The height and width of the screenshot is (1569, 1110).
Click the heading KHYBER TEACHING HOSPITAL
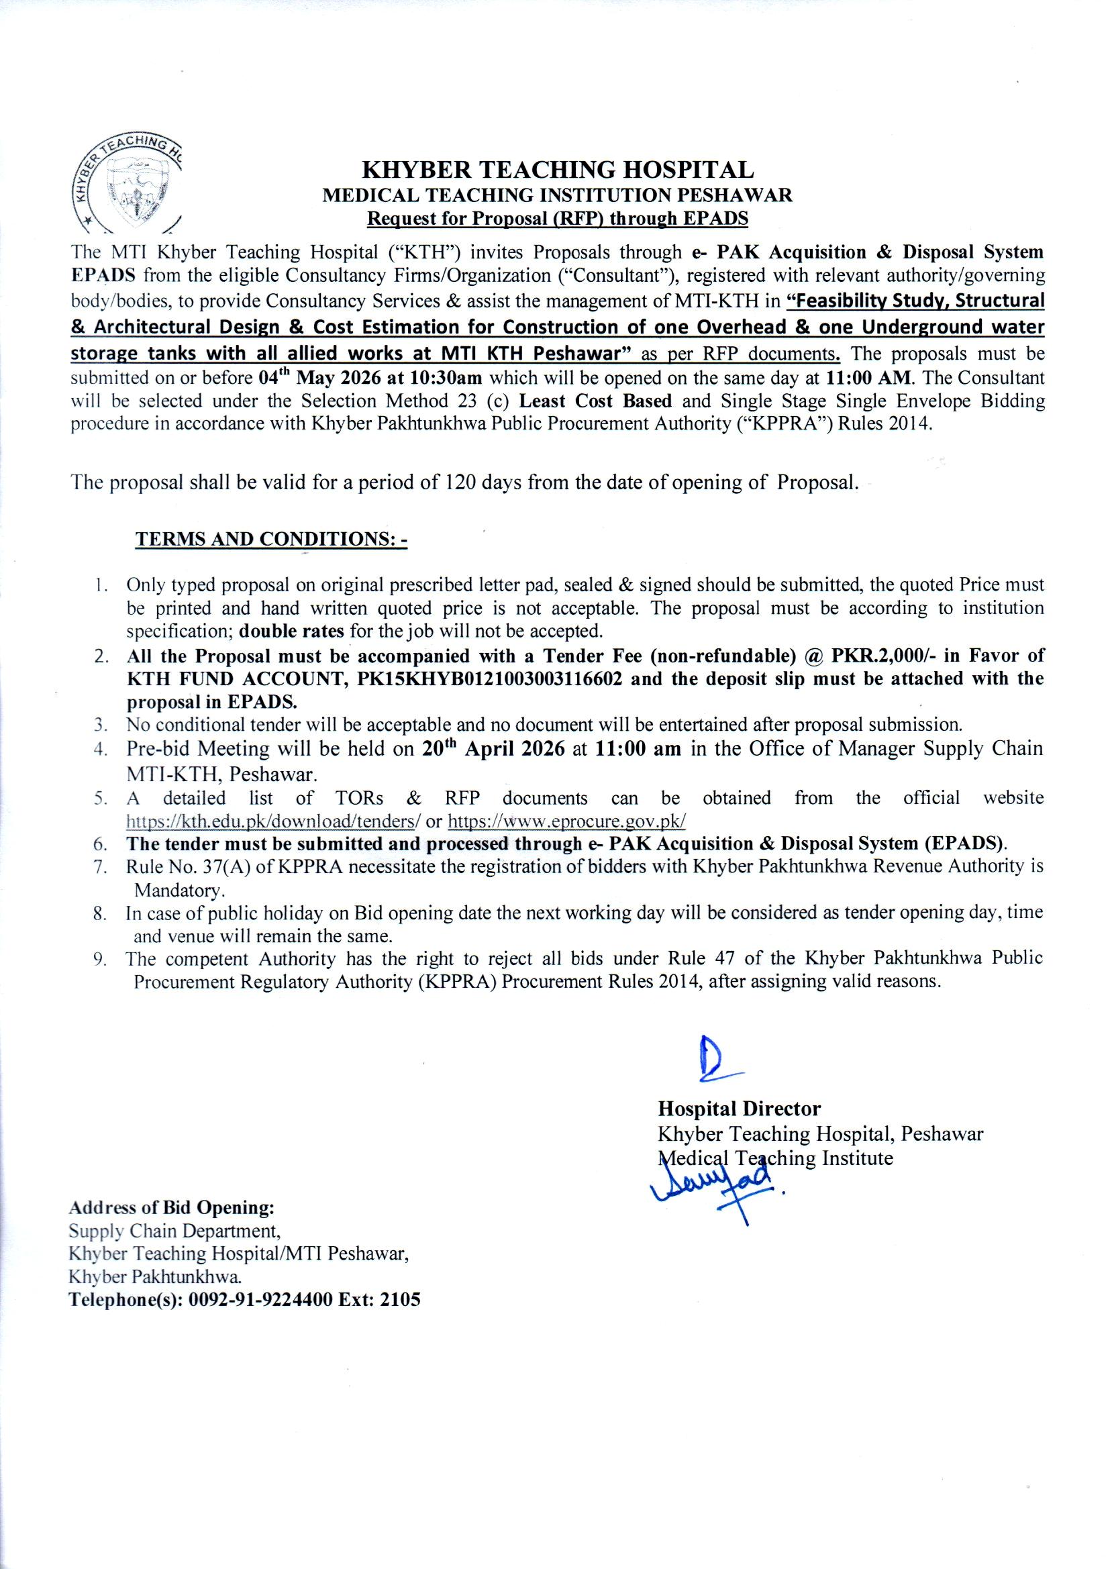coord(557,170)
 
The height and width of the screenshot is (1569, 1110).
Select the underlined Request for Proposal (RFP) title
coord(557,219)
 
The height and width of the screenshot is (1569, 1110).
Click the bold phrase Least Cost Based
coord(595,401)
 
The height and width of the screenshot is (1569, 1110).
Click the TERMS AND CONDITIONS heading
coord(271,539)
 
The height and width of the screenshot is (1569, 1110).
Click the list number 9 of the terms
coord(100,959)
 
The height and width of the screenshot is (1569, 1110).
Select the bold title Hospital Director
coord(739,1109)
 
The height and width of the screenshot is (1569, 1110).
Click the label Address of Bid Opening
coord(172,1207)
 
